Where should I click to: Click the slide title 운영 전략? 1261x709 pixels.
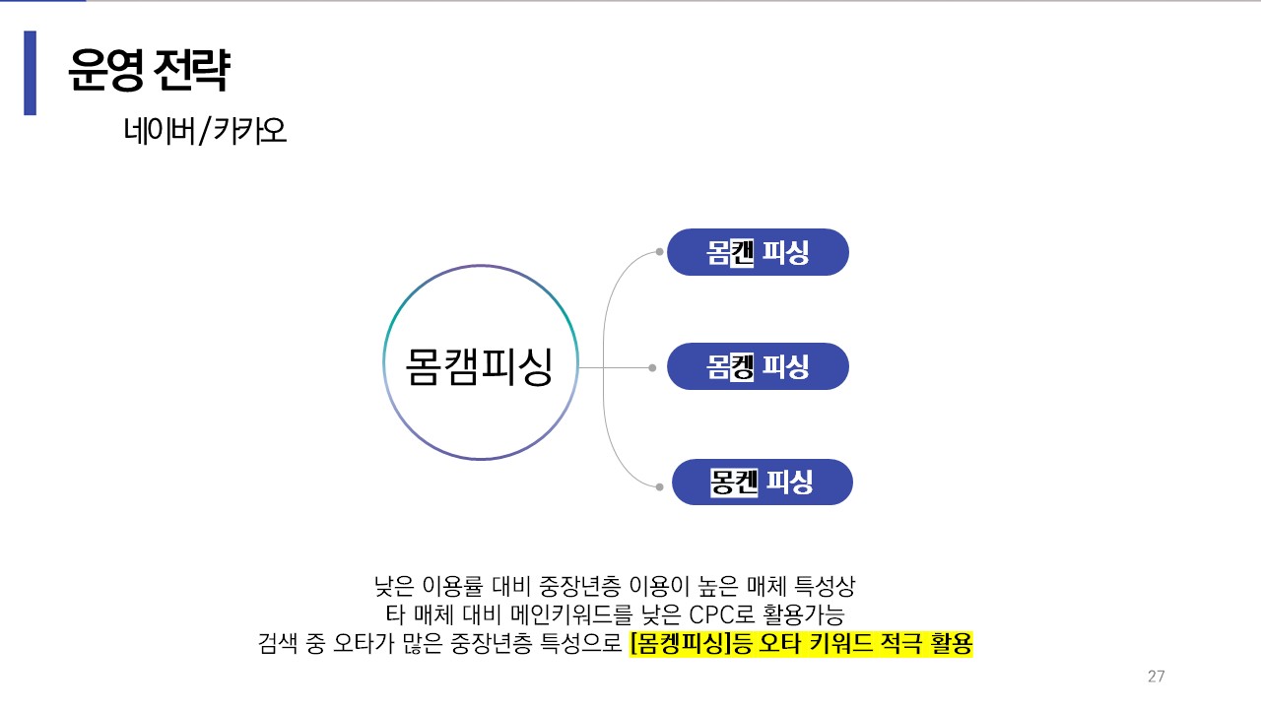(149, 70)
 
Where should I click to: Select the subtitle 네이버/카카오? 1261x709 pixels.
(205, 131)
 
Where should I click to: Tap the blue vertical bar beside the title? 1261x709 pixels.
(30, 73)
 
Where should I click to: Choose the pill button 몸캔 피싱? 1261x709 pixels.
(758, 253)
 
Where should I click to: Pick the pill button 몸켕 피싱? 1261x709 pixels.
(758, 367)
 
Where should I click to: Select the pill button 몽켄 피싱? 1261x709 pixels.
(762, 483)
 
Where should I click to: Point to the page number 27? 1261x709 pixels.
(1157, 677)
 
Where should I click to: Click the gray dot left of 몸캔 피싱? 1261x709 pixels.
(659, 252)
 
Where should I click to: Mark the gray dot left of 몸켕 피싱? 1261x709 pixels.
(652, 368)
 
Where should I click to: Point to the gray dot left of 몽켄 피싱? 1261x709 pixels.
(659, 485)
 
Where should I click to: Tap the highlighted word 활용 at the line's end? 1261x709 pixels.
(950, 645)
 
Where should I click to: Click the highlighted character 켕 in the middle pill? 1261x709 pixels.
(743, 367)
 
